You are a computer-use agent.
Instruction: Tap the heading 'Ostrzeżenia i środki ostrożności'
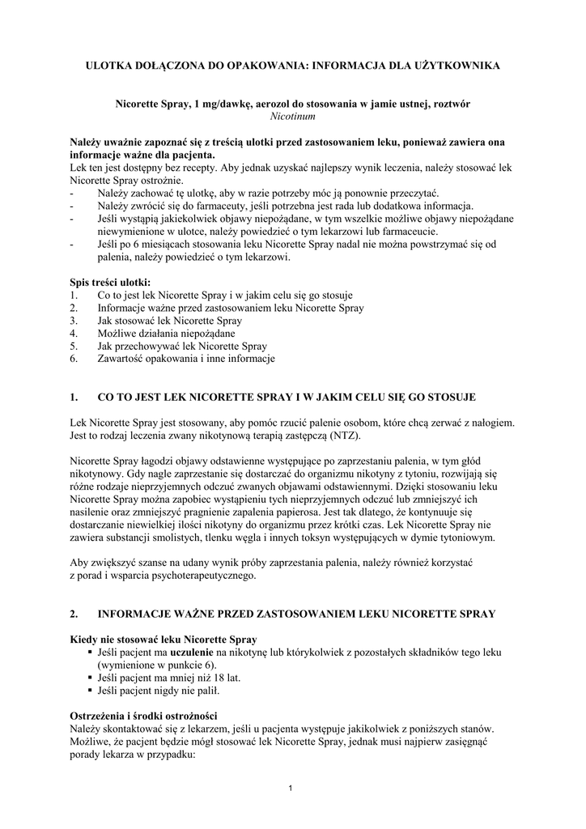[x=144, y=715]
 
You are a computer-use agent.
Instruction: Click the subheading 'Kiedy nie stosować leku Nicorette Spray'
[x=164, y=638]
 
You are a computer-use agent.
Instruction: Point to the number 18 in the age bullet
[x=216, y=678]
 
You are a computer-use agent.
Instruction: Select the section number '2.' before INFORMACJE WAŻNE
[x=74, y=614]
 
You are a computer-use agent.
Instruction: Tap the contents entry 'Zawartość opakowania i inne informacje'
[x=186, y=359]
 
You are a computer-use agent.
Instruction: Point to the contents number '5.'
[x=74, y=346]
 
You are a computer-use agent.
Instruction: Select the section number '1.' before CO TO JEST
[x=74, y=398]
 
